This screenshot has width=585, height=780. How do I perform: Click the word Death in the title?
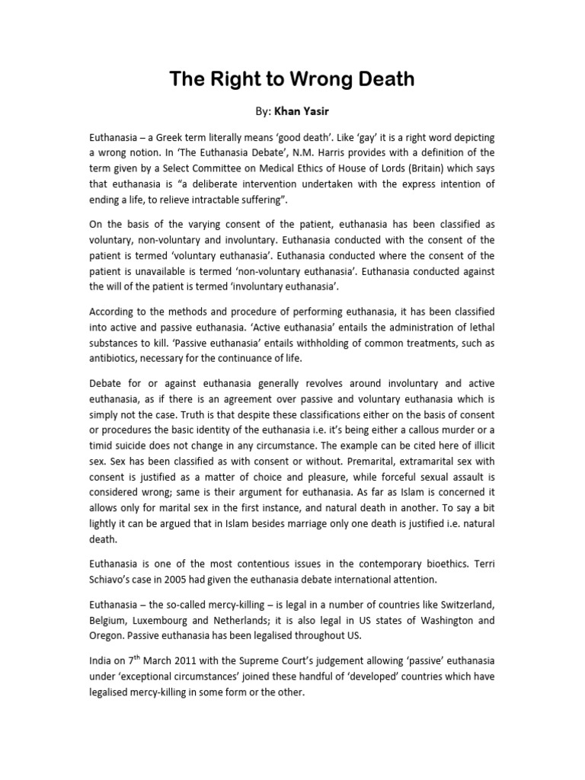click(371, 79)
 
